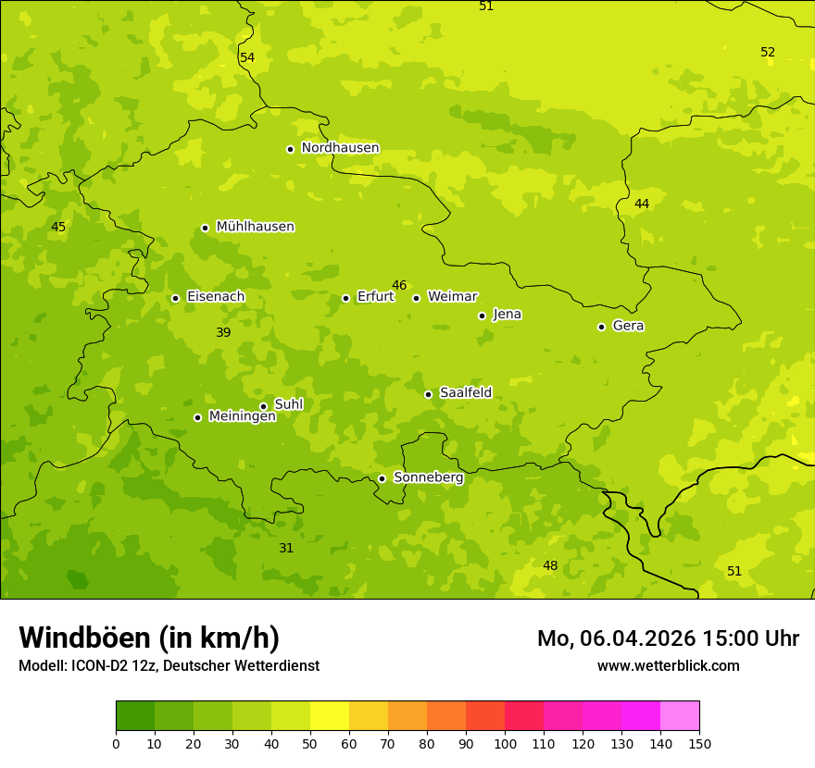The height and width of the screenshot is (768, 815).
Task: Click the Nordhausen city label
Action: (340, 148)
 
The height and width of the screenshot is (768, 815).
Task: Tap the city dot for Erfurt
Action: (345, 298)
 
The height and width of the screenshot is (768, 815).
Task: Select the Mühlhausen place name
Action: (255, 227)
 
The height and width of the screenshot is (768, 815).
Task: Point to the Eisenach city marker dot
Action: (175, 298)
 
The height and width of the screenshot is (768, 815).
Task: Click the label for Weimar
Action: (452, 297)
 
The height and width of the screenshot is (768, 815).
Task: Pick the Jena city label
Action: (507, 315)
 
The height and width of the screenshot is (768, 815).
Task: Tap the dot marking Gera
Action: (601, 327)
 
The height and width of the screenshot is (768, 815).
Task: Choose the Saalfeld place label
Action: (465, 393)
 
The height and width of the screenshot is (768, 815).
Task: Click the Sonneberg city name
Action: (428, 477)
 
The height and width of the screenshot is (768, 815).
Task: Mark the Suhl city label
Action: (288, 404)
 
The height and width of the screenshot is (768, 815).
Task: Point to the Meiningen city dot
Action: (197, 417)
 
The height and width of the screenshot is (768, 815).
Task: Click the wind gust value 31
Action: (286, 548)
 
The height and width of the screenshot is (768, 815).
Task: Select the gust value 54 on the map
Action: (247, 57)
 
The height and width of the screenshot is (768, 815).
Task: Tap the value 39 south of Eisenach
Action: (223, 332)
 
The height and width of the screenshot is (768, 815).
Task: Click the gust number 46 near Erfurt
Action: (399, 285)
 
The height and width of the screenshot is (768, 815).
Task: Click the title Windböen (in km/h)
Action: (149, 638)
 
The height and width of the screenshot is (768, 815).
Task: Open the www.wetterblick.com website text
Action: (668, 665)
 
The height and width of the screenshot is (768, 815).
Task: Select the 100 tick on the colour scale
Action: (505, 743)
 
